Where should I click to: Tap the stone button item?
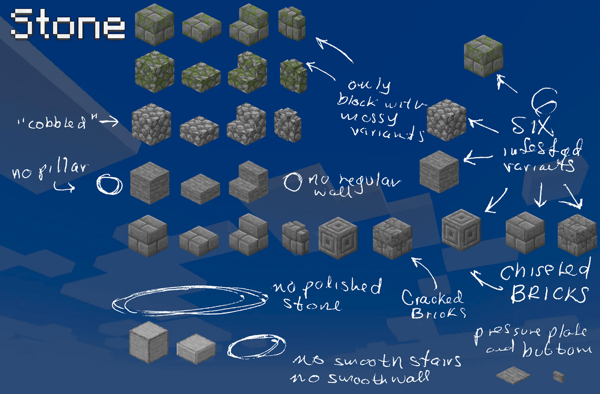pos(558,377)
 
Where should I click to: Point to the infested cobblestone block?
pos(447,120)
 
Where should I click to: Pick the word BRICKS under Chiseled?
pos(549,293)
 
